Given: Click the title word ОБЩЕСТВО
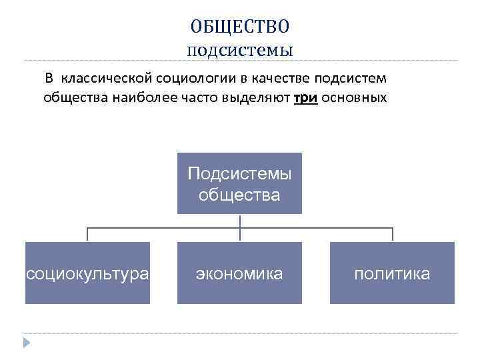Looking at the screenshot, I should coord(239,26).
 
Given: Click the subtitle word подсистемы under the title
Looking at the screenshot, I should coord(239,49).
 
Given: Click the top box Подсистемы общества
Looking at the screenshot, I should coord(239,184).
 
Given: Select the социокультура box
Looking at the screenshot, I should coord(87,273).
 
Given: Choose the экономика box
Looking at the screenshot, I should coord(239,273).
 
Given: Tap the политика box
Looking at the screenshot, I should coord(392,273).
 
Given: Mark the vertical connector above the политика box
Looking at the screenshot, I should coord(392,235).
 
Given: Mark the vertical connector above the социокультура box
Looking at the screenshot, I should coord(87,235).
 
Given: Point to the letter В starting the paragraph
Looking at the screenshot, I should coord(49,78).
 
